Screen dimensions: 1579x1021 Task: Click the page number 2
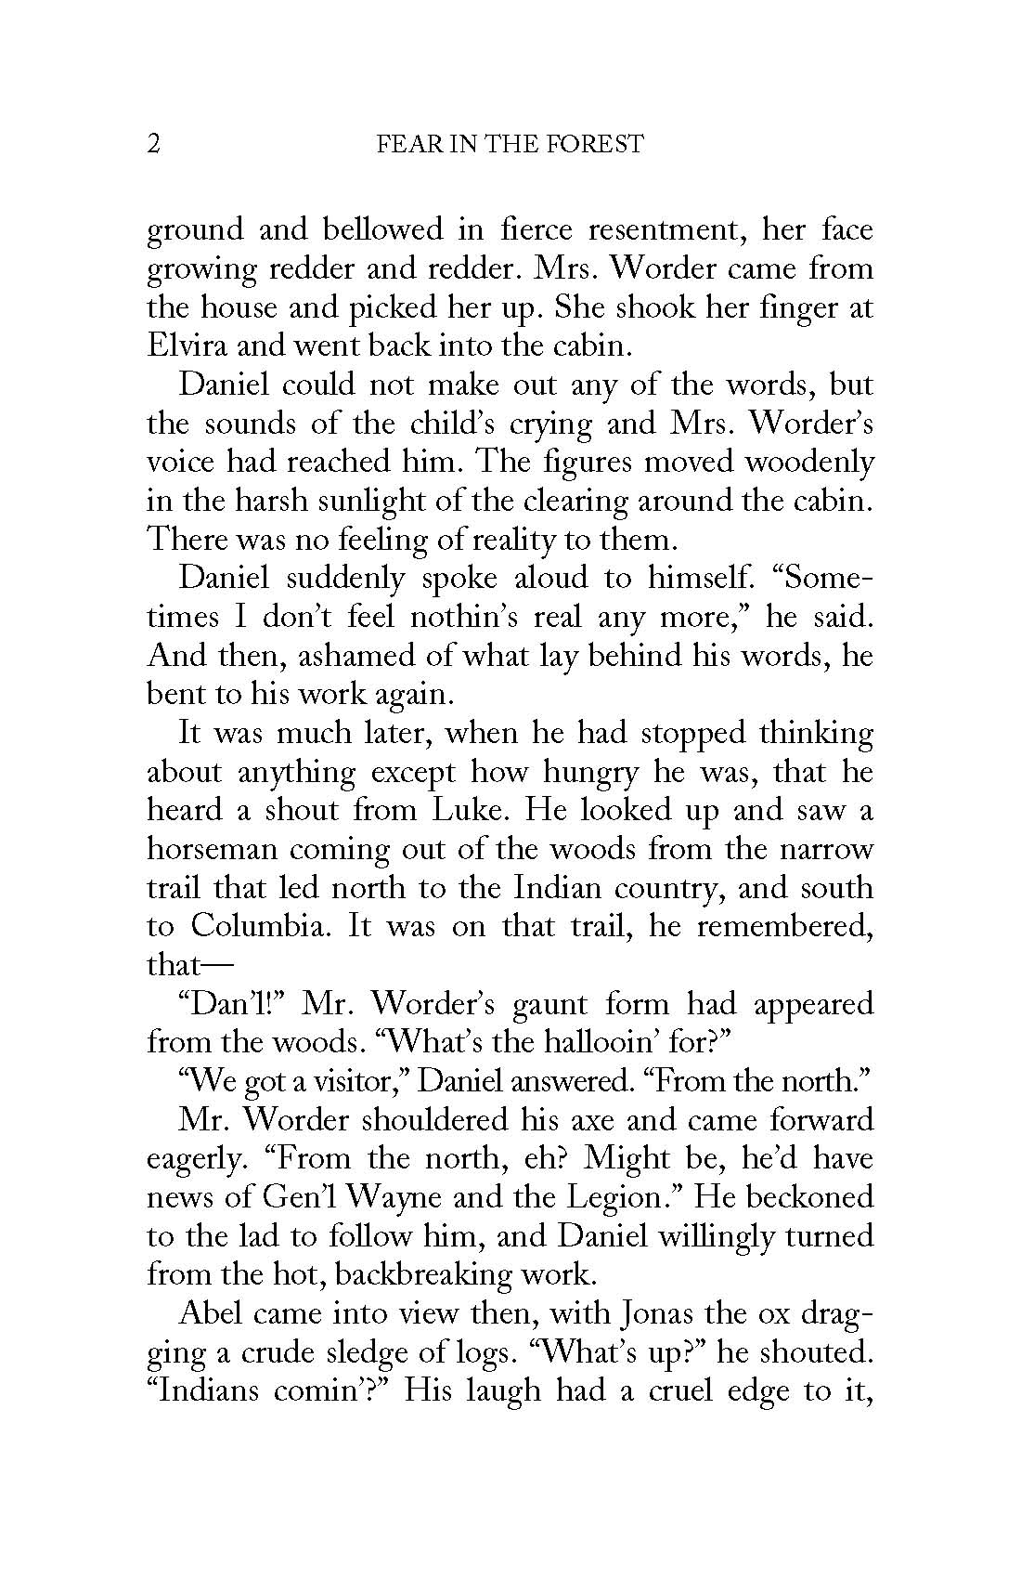click(x=154, y=144)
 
